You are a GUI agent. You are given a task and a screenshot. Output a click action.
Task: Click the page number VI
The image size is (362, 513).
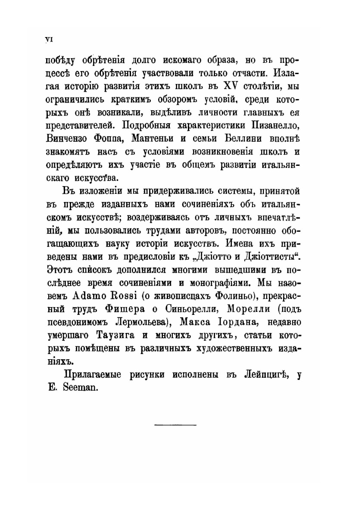[48, 40]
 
